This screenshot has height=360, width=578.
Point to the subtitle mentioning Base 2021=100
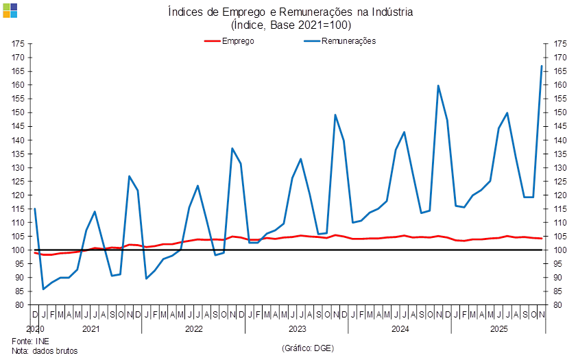pos(291,25)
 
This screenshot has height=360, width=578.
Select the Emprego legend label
pos(239,41)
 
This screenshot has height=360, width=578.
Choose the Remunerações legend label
pos(354,41)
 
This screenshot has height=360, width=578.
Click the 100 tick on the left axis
pos(19,250)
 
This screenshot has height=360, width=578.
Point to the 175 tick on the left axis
pos(19,44)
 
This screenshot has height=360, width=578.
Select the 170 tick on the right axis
pos(560,58)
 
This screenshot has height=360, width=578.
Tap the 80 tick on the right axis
pos(559,305)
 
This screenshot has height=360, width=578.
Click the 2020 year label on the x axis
pos(36,329)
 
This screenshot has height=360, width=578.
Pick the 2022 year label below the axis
pos(194,329)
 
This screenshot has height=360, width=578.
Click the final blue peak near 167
pos(542,66)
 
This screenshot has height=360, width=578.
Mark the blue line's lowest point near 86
pos(44,289)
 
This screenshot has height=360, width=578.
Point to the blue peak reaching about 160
pos(439,86)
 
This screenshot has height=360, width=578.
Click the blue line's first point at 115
pos(35,209)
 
